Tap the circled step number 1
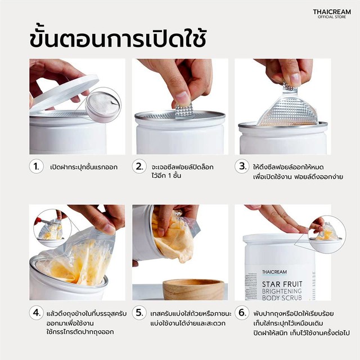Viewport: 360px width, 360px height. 36,166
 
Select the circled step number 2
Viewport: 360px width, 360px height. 139,166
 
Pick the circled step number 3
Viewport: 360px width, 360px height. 242,166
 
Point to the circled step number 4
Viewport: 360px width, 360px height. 36,313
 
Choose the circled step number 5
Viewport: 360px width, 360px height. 139,313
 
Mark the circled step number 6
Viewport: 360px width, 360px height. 242,313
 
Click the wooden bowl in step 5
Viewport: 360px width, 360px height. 193,290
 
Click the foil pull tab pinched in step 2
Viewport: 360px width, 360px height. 184,111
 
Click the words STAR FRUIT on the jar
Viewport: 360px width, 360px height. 282,284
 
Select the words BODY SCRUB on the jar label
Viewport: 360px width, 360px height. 282,298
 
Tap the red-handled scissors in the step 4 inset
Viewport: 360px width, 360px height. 45,221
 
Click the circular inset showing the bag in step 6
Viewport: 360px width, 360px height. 327,235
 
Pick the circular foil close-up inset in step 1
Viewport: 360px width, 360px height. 103,105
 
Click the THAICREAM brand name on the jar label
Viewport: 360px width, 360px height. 274,272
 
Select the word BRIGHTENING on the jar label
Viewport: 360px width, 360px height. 282,291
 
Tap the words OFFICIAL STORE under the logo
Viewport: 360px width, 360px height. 332,17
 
